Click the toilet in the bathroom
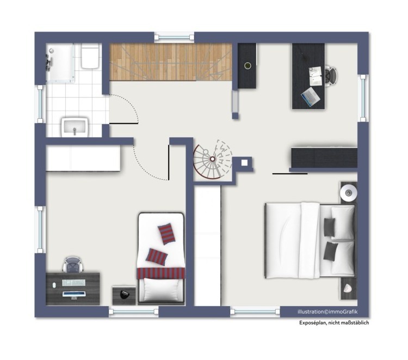click(90, 57)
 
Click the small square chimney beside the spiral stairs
click(245, 162)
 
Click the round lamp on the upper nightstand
click(348, 193)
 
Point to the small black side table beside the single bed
click(124, 295)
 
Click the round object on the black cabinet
click(248, 65)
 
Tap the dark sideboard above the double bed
click(324, 157)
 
